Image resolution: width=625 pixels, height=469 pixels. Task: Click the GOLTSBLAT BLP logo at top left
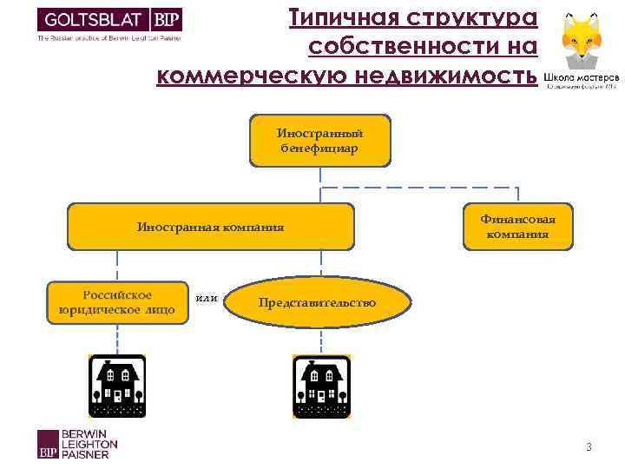pos(109,21)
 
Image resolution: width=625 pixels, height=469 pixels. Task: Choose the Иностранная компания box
pos(211,227)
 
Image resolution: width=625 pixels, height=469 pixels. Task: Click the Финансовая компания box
pos(517,227)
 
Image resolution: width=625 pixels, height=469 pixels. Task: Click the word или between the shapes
pos(207,299)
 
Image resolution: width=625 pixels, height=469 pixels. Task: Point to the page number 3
pos(589,447)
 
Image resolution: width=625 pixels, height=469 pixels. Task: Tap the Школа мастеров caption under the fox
pos(581,78)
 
